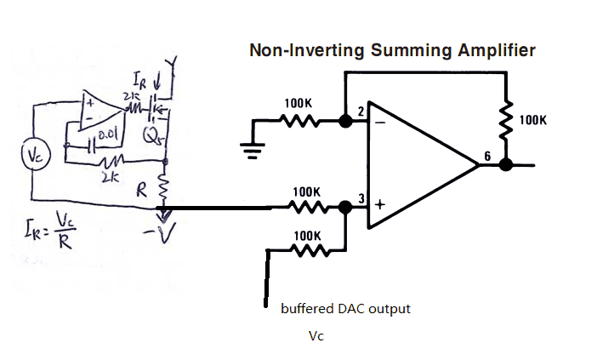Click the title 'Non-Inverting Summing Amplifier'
click(392, 50)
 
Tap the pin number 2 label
click(360, 111)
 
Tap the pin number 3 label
click(361, 199)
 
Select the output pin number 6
click(487, 156)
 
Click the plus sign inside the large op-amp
click(379, 206)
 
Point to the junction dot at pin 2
click(345, 122)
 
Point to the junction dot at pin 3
click(345, 207)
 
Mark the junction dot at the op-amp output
click(506, 164)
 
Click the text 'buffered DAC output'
click(345, 308)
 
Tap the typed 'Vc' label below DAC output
click(316, 337)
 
